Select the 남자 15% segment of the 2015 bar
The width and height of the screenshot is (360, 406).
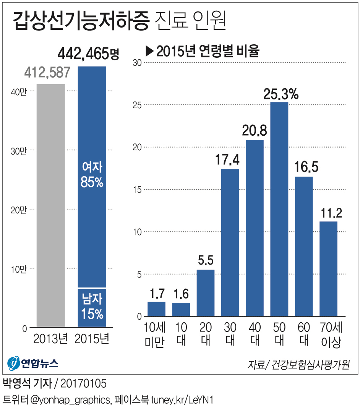pos(92,307)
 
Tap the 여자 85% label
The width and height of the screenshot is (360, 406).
pos(92,175)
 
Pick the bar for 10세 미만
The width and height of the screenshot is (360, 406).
pos(156,309)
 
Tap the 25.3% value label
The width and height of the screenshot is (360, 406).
pos(281,94)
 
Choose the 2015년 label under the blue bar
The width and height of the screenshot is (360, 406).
pos(92,339)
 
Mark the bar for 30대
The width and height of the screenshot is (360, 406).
pos(230,243)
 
